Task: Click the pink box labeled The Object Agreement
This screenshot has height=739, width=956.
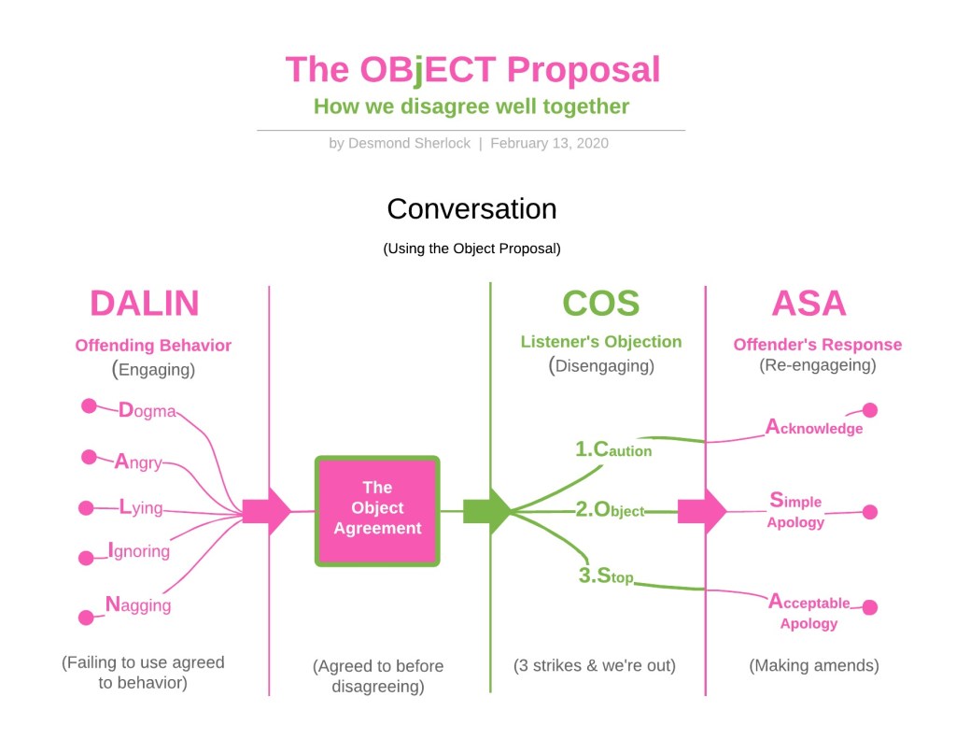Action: [377, 511]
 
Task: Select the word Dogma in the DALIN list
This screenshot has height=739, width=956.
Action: [147, 410]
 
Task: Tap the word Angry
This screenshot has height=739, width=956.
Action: [138, 462]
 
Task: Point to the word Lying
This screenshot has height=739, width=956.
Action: [141, 508]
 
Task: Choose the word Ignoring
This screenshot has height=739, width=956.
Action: [139, 550]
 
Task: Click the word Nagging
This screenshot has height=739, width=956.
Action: [138, 604]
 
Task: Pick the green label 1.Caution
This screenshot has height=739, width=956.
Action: [613, 449]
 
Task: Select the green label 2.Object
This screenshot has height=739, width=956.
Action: [610, 510]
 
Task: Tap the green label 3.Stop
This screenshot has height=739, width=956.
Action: [606, 576]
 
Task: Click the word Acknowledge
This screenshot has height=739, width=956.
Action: [814, 428]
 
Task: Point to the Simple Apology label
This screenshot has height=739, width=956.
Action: [795, 510]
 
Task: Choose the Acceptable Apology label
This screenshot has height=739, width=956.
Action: [808, 612]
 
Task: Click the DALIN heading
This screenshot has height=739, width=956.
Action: [145, 304]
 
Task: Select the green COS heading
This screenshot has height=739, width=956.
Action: [600, 304]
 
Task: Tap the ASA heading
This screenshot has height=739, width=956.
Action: [808, 304]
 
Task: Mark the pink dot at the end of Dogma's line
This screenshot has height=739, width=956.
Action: [90, 405]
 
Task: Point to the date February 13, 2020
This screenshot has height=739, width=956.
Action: [549, 144]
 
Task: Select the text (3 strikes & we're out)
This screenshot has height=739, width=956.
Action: [595, 666]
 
